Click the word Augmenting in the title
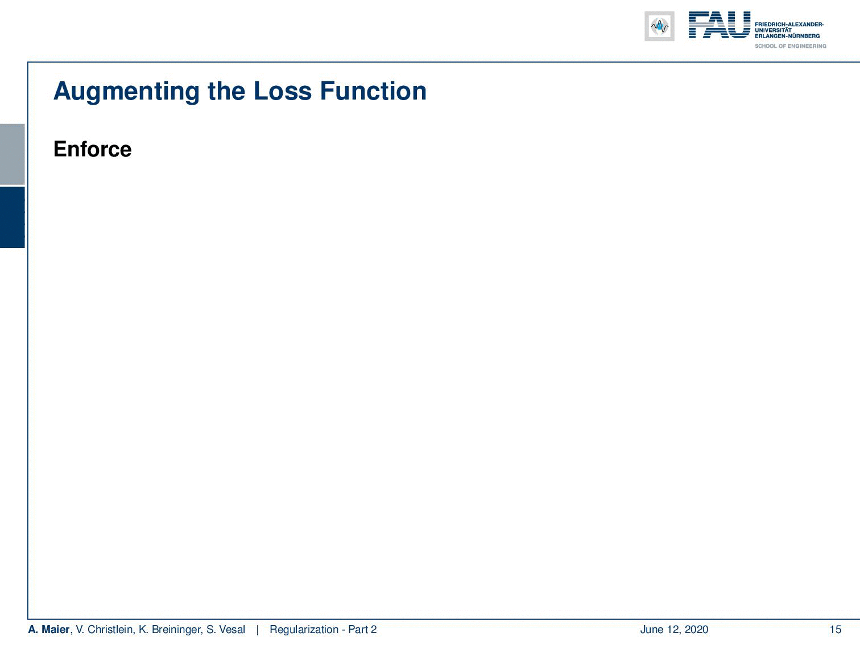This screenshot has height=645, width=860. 126,92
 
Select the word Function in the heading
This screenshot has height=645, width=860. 373,91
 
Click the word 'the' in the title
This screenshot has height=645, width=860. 226,91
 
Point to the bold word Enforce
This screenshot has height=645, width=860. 93,149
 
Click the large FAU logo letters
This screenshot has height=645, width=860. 720,25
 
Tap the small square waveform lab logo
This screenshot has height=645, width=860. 659,26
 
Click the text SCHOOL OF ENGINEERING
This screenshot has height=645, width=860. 790,46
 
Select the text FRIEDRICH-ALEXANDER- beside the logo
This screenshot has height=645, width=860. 789,24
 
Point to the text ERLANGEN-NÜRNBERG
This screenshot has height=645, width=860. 787,36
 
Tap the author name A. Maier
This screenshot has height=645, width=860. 48,629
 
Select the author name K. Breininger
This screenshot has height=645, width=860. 171,630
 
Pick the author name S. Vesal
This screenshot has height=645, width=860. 226,629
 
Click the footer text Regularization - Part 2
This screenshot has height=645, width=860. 323,629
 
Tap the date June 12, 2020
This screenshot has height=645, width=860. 674,629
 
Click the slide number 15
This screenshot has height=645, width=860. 835,629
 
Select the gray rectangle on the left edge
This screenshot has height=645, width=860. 12,154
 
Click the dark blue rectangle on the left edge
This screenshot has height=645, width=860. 12,217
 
